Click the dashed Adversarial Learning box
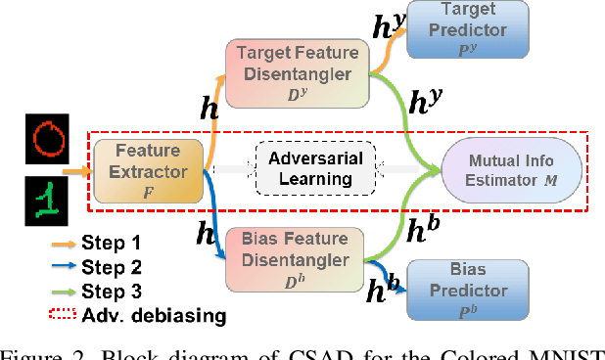click(316, 168)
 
